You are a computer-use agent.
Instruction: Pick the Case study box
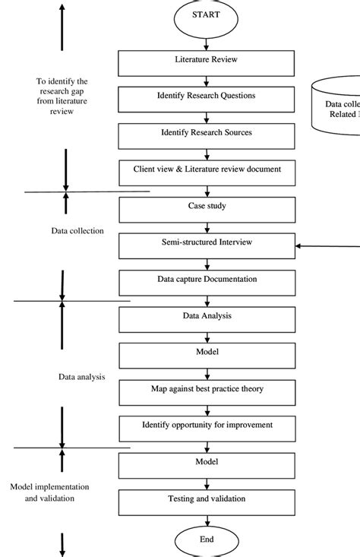coord(207,207)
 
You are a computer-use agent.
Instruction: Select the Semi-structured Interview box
coord(207,244)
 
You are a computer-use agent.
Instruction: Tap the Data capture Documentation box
coord(207,280)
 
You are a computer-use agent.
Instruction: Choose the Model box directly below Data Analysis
coord(207,353)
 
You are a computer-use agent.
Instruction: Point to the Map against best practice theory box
coord(207,390)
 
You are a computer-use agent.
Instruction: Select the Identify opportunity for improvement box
coord(207,426)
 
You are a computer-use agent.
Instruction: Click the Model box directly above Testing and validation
coord(207,463)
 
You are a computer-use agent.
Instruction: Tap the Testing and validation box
coord(207,500)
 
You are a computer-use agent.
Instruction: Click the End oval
coord(207,540)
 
